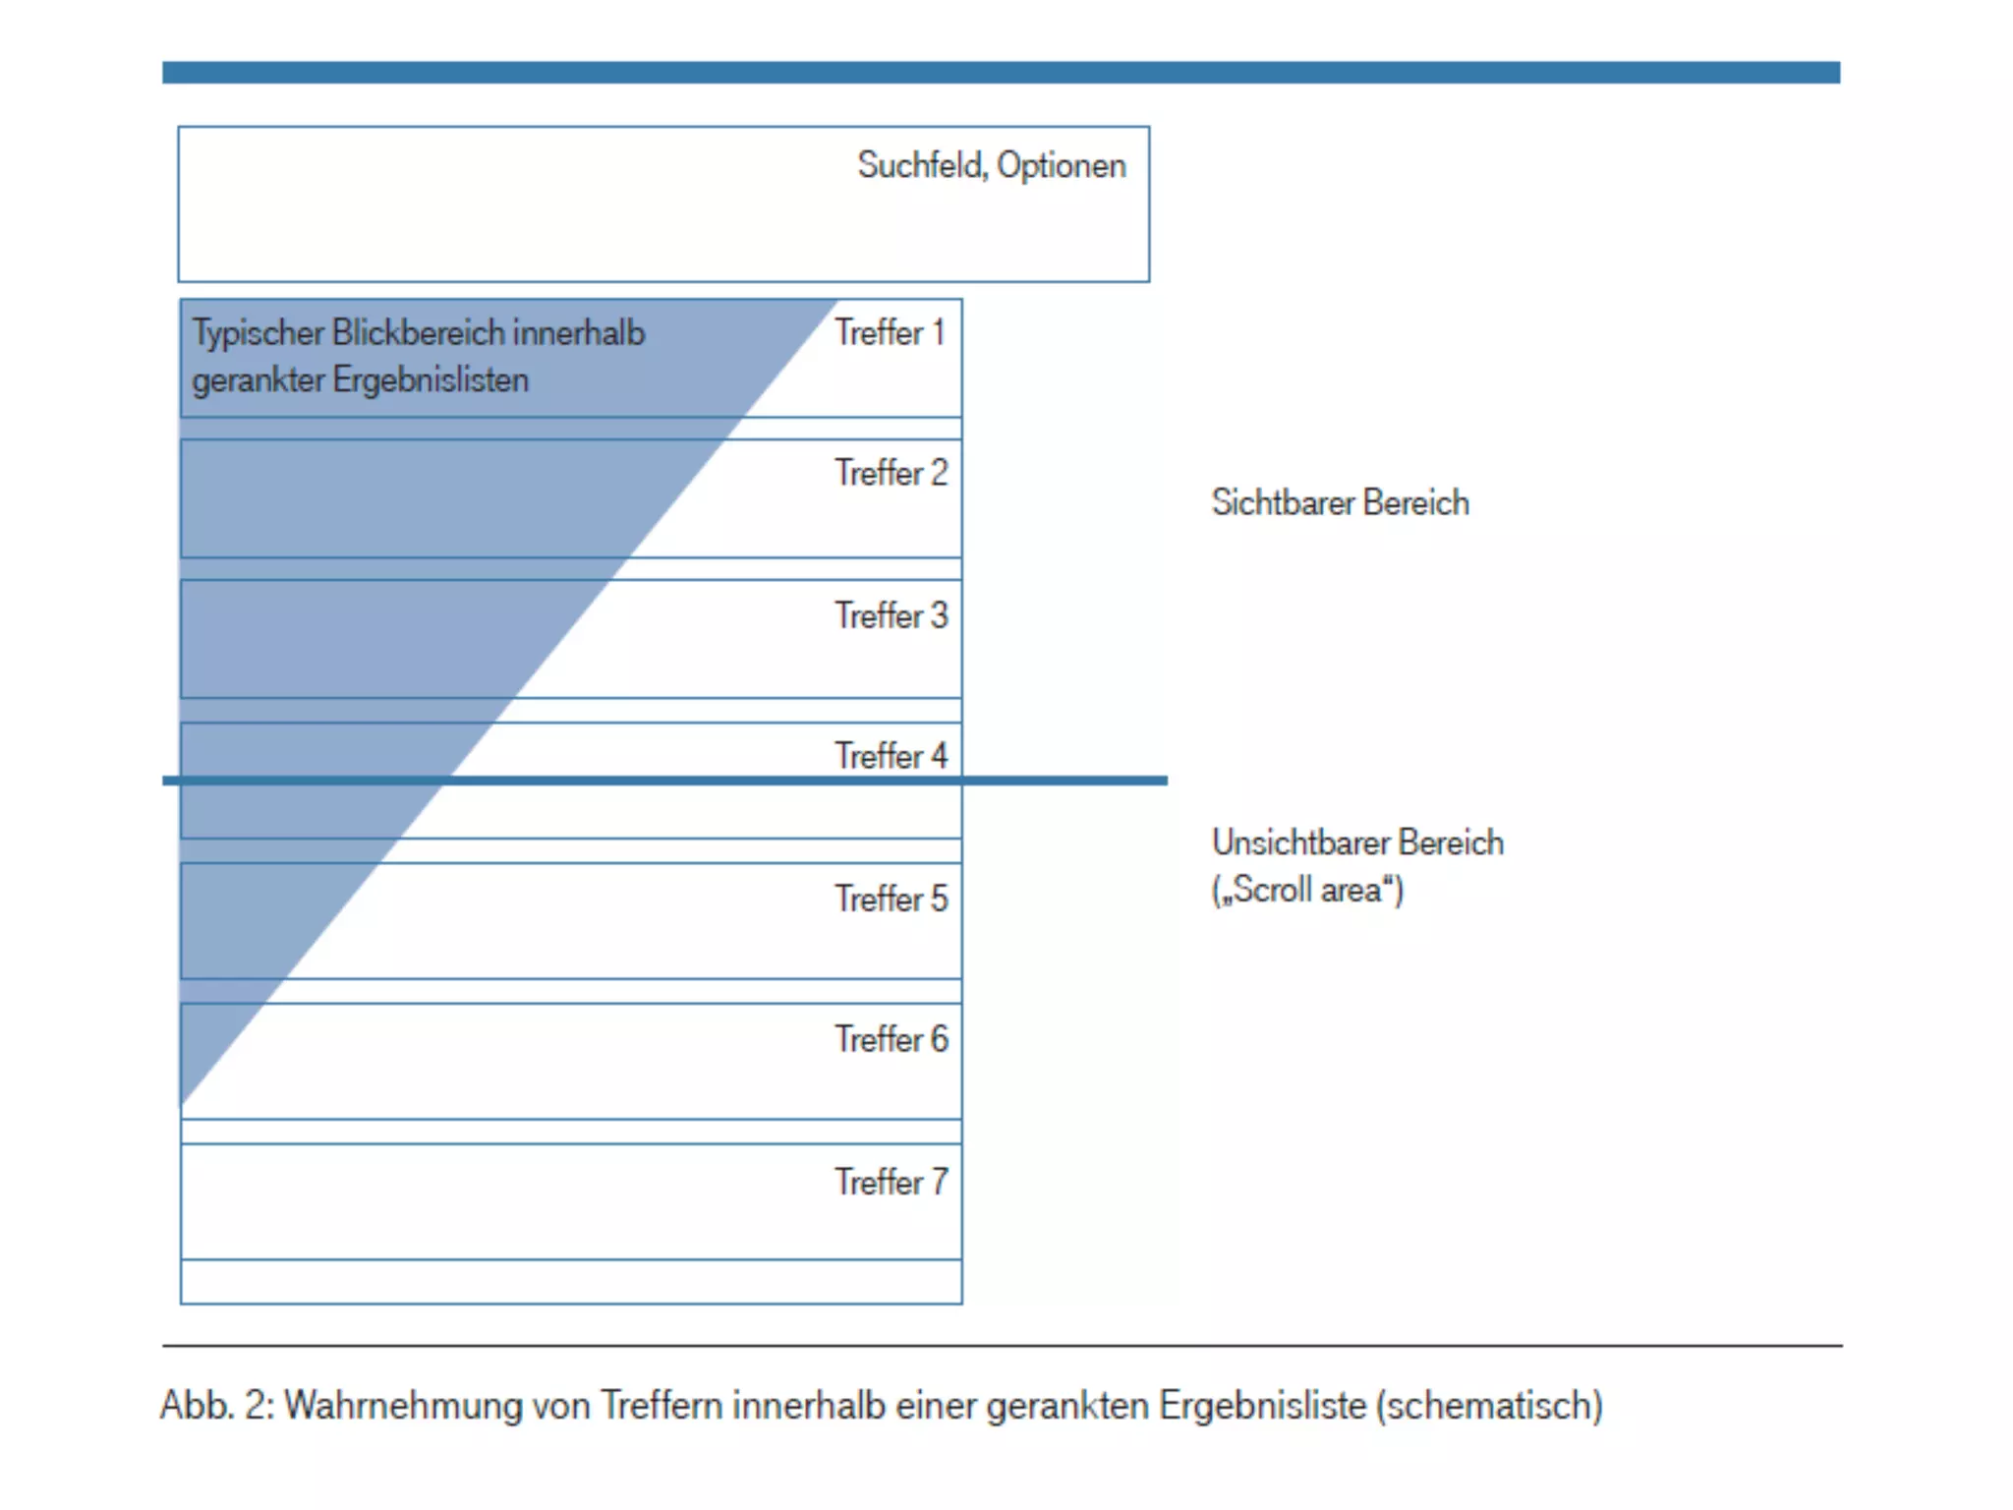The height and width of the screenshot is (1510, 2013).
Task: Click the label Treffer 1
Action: click(x=890, y=333)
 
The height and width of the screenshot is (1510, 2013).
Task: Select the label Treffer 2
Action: click(x=891, y=474)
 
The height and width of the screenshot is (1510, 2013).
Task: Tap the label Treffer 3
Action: click(x=891, y=616)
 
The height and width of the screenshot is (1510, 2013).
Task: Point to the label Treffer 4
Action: click(x=891, y=756)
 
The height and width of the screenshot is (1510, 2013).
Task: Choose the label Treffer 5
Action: click(x=891, y=899)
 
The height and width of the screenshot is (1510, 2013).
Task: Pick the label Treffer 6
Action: click(x=891, y=1039)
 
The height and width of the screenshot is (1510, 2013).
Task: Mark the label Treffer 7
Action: click(x=891, y=1182)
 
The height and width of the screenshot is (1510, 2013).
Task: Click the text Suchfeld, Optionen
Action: click(x=991, y=165)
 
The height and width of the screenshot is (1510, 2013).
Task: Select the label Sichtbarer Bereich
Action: click(x=1340, y=503)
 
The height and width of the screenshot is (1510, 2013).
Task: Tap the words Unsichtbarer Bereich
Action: click(x=1357, y=843)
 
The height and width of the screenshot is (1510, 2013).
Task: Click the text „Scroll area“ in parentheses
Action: click(x=1307, y=891)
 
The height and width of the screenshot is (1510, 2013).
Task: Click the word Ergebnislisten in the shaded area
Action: click(x=431, y=380)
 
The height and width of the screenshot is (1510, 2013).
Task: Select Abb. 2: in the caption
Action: click(x=217, y=1406)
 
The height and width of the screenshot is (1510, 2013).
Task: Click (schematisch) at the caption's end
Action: click(x=1489, y=1406)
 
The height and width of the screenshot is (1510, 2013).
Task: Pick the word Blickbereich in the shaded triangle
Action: click(x=418, y=334)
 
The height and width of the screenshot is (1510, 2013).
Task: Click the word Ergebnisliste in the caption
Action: click(x=1263, y=1406)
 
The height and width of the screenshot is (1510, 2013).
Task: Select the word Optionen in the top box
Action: click(x=1061, y=165)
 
